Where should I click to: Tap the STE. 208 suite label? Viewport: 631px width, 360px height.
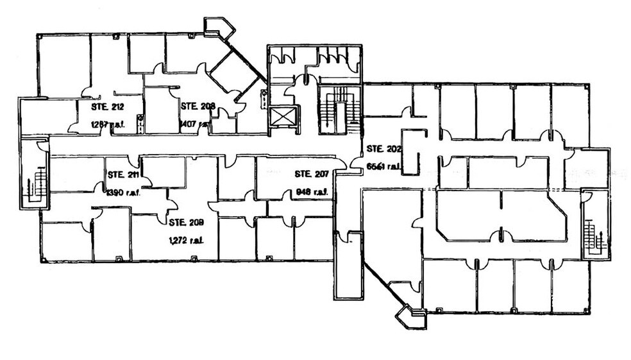tap(198, 107)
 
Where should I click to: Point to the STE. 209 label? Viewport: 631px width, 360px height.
tap(186, 223)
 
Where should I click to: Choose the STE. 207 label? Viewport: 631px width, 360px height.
tap(312, 174)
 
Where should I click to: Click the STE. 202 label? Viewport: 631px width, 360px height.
tap(383, 149)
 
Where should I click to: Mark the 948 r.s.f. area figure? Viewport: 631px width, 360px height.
tap(312, 191)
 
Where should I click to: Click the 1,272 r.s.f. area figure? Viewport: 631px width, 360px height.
tap(186, 241)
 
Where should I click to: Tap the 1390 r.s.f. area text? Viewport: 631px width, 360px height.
tap(124, 192)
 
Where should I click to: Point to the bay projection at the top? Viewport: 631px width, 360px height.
tap(219, 28)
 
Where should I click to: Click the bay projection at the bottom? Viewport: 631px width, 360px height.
tap(410, 317)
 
